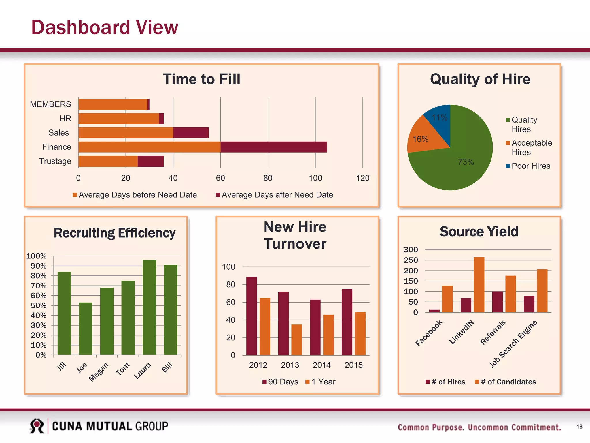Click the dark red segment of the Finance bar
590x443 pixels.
(274, 147)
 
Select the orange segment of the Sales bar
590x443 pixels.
(126, 133)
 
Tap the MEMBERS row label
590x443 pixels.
(50, 104)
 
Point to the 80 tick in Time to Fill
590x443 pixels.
(268, 178)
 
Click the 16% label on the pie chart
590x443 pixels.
(420, 139)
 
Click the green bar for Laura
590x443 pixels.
(149, 307)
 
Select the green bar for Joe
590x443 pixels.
(86, 329)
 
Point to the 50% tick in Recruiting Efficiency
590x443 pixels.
(38, 305)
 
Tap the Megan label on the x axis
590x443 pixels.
(99, 372)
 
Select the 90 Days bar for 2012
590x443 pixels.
(251, 316)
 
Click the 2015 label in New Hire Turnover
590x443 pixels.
(353, 365)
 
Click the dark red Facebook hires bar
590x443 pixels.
(434, 311)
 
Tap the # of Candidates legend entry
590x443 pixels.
(506, 382)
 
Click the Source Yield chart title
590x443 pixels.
(479, 232)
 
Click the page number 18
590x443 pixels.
(579, 427)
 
